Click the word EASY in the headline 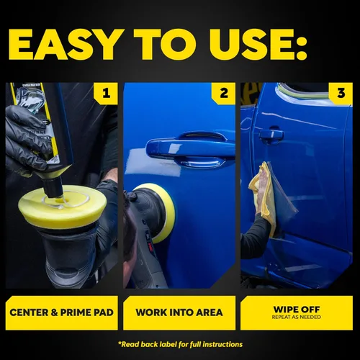65,45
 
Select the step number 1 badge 106,93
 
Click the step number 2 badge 223,93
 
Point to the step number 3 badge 341,93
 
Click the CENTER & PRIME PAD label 62,312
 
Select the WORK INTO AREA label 179,312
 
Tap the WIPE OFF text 297,310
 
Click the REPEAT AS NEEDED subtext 297,317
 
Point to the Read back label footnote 180,345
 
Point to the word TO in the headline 166,45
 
